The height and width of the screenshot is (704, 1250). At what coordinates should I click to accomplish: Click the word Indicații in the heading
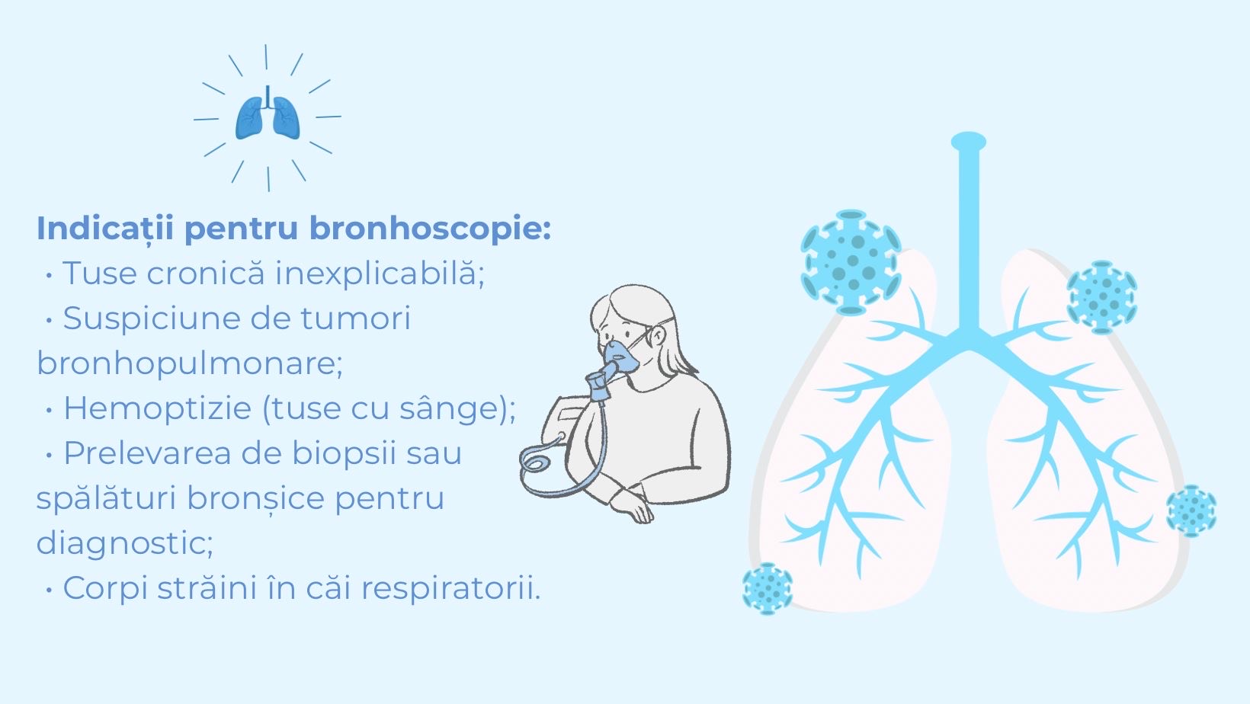(105, 229)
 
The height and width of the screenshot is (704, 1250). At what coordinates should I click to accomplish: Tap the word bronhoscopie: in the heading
(430, 229)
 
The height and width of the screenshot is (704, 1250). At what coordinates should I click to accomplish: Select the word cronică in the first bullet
(205, 274)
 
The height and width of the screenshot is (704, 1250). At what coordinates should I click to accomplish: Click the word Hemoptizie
(157, 408)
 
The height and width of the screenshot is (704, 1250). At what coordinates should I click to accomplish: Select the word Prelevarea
(147, 453)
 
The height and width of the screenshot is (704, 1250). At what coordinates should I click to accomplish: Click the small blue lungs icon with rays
(268, 117)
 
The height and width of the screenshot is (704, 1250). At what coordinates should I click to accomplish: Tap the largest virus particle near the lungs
(851, 262)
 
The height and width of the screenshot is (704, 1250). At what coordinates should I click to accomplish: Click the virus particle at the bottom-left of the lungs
(768, 588)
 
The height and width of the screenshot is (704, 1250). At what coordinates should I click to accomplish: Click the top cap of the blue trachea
(968, 141)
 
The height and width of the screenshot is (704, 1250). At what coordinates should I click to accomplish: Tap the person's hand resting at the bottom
(633, 507)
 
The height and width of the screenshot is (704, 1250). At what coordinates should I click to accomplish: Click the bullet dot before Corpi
(49, 590)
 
